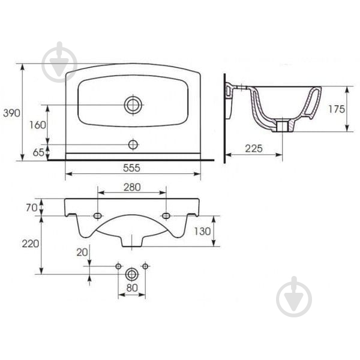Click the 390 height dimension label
[11, 113]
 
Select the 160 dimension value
[38, 125]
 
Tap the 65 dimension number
[38, 152]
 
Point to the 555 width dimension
[131, 168]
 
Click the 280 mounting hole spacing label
[132, 187]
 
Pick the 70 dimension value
[31, 208]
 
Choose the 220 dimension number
[31, 244]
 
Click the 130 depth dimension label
[203, 231]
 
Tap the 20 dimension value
[82, 253]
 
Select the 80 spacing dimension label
[132, 287]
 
